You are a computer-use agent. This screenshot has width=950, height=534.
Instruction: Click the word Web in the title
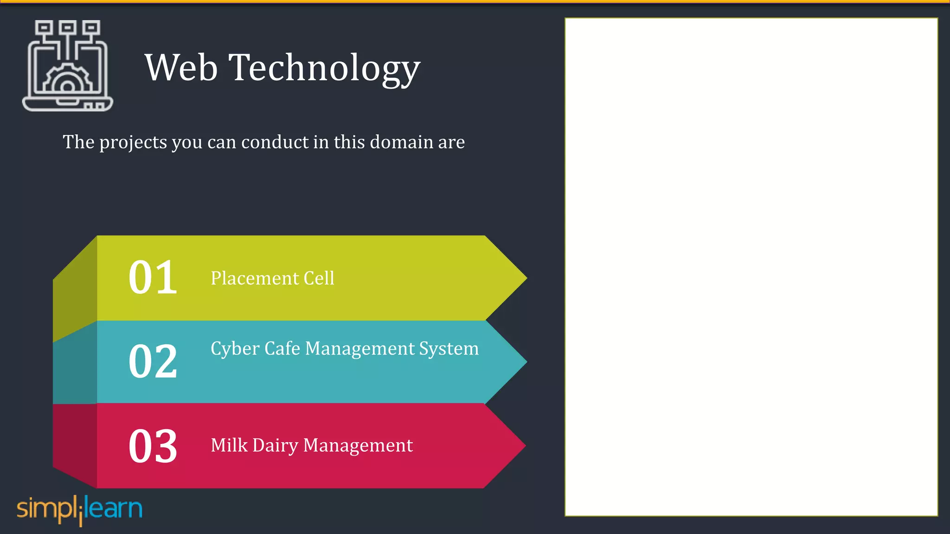[181, 68]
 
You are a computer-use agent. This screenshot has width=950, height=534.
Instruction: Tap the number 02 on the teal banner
[153, 361]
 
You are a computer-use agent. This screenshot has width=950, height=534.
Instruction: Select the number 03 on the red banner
[153, 445]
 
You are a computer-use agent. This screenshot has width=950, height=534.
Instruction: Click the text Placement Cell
[272, 278]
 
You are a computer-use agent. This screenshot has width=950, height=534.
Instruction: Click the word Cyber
[235, 349]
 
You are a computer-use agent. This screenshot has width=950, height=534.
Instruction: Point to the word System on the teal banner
[449, 349]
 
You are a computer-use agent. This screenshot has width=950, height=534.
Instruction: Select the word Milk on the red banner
[229, 445]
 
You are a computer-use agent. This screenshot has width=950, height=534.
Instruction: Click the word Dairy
[275, 445]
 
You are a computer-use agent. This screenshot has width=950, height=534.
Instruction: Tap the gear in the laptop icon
[67, 81]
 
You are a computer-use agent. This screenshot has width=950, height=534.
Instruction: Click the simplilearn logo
[79, 509]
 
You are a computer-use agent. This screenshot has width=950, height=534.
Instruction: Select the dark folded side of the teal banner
[75, 366]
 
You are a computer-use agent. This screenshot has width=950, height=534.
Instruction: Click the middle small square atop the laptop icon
[68, 27]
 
